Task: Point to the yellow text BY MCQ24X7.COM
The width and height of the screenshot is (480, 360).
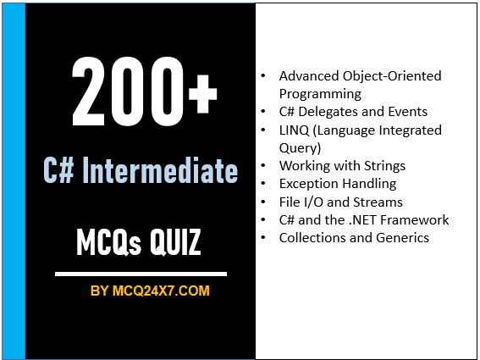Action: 150,291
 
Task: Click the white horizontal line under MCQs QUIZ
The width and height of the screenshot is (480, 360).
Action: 141,274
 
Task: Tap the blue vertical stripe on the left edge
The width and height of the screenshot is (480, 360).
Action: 14,180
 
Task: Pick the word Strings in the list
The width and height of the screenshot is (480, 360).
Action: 382,165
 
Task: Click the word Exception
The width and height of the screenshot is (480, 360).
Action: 309,184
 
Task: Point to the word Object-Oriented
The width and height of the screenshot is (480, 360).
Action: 388,76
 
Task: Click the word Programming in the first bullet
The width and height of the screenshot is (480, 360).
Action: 320,94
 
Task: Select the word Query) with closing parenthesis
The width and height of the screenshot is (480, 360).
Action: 301,147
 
